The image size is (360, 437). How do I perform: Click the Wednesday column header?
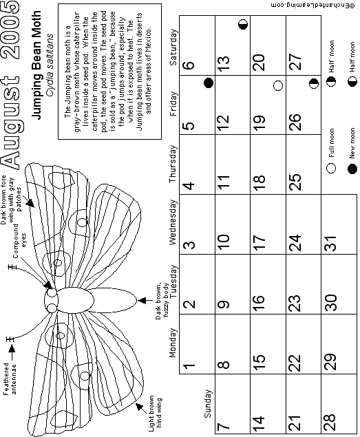[x=173, y=222]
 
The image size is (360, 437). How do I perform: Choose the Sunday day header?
[x=208, y=403]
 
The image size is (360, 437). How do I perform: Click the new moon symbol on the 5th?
[x=209, y=83]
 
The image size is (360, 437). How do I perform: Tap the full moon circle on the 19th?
[x=278, y=85]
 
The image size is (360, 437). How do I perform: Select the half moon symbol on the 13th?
[x=243, y=25]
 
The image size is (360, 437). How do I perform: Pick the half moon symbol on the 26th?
[x=314, y=83]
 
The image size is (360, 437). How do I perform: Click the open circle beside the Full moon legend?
[x=331, y=168]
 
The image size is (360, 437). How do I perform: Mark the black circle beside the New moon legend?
[x=352, y=169]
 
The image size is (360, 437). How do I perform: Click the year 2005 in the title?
[x=11, y=30]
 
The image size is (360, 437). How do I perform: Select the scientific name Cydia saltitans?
[x=50, y=65]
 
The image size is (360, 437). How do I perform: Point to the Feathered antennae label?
[x=10, y=379]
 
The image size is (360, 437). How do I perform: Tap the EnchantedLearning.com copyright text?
[x=313, y=6]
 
